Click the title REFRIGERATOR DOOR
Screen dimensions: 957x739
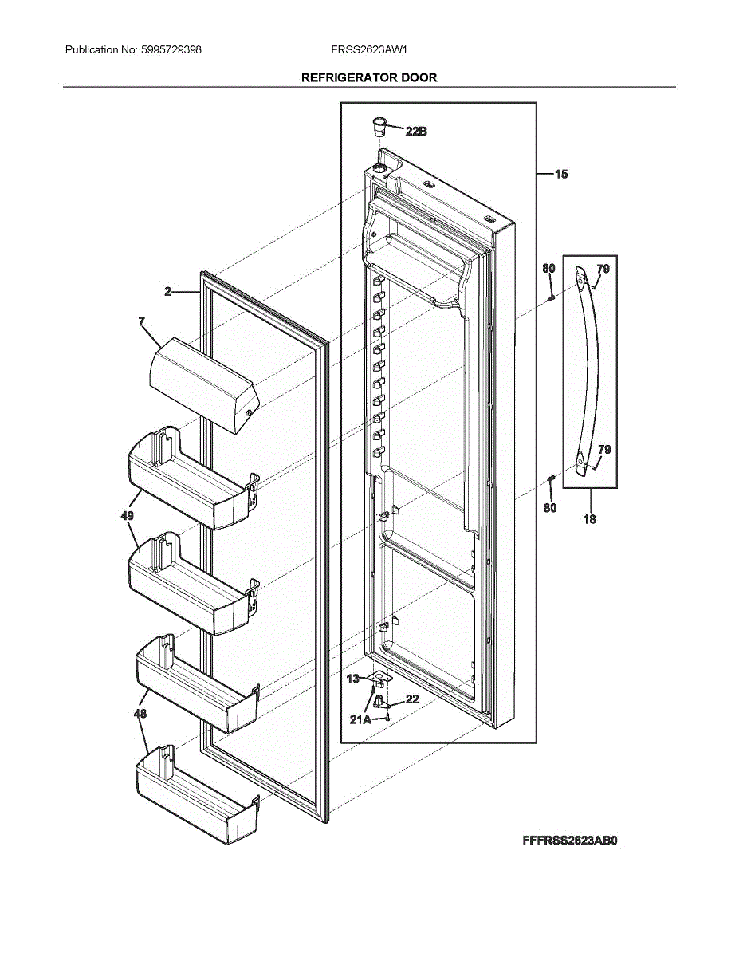[368, 77]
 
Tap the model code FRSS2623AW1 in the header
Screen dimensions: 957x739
[369, 49]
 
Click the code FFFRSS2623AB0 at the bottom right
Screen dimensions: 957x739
[570, 841]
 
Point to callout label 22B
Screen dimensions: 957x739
[415, 132]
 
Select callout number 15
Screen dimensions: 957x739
[561, 173]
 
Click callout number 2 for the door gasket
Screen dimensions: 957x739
[168, 292]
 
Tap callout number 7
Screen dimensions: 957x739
[141, 321]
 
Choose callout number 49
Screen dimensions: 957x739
[127, 516]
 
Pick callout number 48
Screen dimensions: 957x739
[140, 715]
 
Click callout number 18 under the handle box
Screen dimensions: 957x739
[589, 519]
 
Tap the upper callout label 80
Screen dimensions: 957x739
[548, 270]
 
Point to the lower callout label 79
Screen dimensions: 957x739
[604, 450]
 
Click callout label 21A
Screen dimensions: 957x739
[360, 719]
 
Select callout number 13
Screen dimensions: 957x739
[353, 679]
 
